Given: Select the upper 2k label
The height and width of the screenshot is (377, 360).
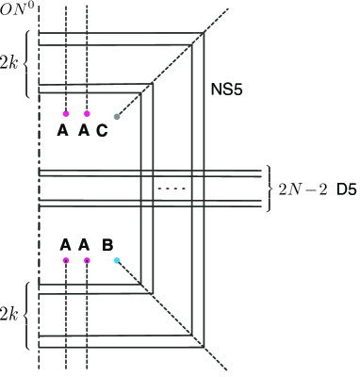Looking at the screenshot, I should (x=11, y=63).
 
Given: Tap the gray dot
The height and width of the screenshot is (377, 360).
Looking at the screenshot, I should (x=117, y=117).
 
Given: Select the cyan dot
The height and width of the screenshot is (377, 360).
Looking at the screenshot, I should (x=116, y=260).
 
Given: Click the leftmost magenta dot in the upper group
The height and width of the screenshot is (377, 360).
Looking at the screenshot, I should (x=66, y=114).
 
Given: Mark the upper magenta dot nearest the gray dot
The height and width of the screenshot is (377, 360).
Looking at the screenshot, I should (x=87, y=114).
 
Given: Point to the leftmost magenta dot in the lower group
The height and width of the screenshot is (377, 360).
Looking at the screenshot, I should (x=66, y=260).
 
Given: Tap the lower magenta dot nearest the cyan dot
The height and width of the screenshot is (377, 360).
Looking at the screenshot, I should (x=87, y=260).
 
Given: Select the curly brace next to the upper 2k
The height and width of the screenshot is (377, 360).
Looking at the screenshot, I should (x=28, y=63).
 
